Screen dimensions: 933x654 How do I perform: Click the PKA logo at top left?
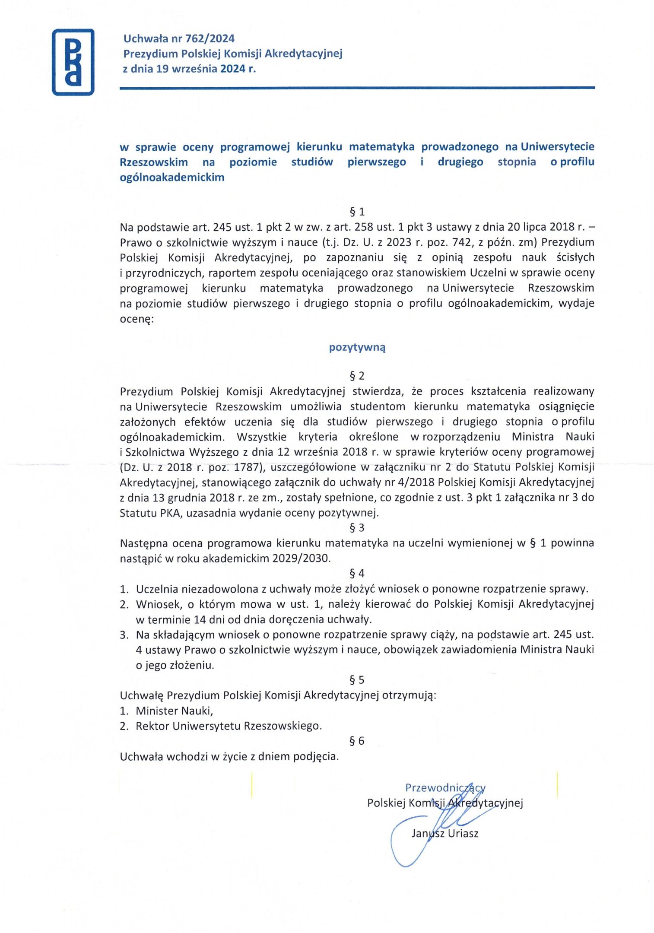(73, 62)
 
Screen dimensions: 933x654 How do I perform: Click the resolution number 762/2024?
(210, 38)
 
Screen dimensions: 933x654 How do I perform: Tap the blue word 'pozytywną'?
(357, 347)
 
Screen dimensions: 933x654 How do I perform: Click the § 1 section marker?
(357, 212)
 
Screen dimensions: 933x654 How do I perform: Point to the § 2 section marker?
(357, 376)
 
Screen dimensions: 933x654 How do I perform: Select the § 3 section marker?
(357, 527)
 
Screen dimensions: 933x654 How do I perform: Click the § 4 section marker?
(357, 573)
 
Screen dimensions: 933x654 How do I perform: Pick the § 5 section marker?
(357, 680)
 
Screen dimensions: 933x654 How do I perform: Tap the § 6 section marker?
(357, 741)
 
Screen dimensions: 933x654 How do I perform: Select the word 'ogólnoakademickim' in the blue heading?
(172, 177)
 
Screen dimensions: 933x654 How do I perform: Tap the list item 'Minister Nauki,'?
(174, 711)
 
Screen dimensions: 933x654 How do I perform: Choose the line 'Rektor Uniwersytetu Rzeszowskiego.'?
(229, 726)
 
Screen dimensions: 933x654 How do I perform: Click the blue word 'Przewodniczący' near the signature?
(445, 787)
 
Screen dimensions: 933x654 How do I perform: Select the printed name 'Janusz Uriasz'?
(445, 833)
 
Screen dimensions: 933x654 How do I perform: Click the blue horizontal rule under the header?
(357, 88)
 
